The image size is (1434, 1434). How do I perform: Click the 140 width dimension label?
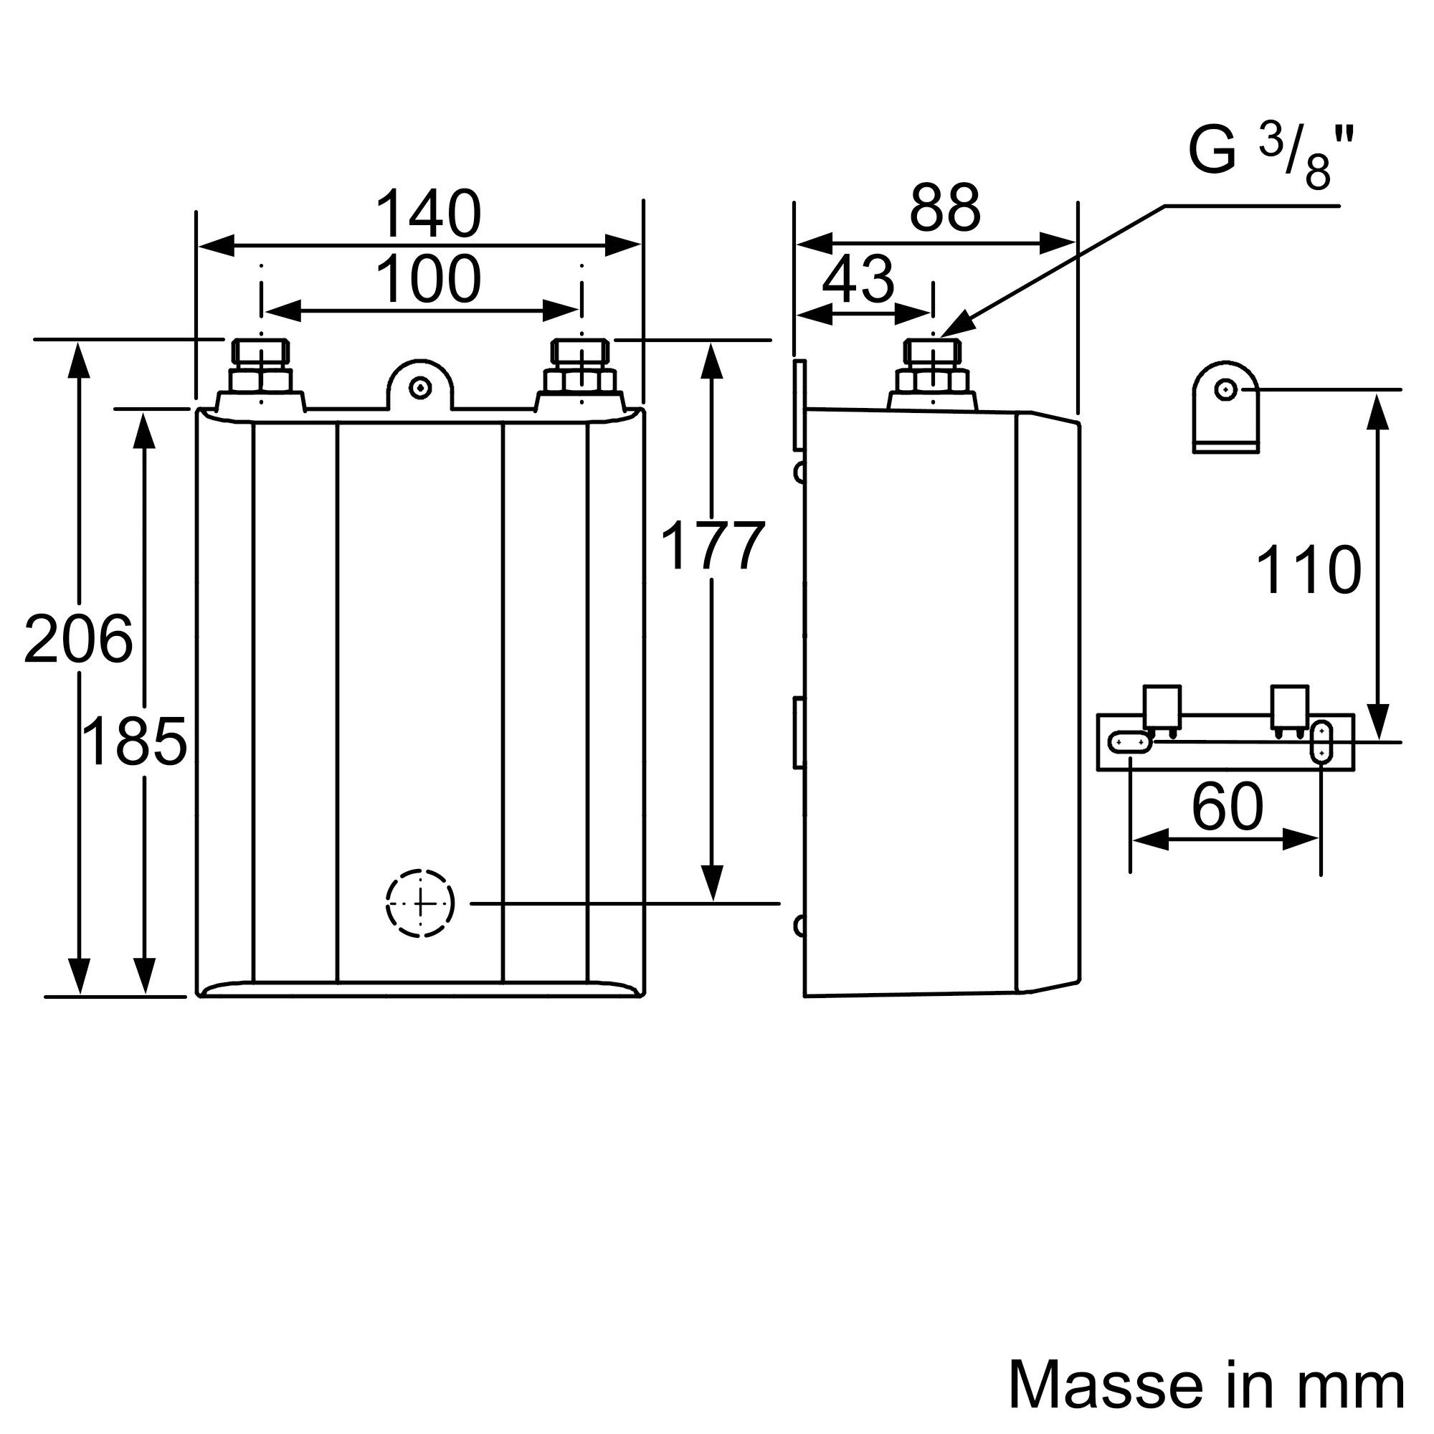point(428,214)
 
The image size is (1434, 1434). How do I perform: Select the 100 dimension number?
point(428,279)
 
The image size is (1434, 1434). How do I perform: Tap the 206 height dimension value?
point(78,639)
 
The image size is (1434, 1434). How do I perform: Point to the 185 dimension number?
point(134,741)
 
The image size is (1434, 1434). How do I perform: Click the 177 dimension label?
point(712,546)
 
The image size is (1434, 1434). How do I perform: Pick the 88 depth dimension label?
point(945,208)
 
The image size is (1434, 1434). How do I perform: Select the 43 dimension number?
point(858,280)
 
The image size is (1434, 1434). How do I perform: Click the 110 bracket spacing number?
point(1308,569)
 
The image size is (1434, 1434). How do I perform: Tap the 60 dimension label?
point(1227,806)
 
